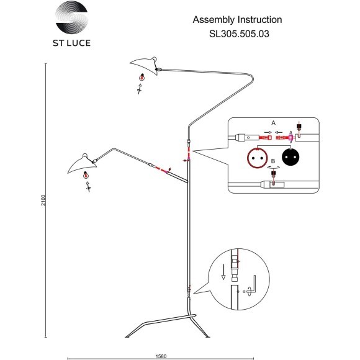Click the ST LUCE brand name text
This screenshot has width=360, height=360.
coord(71,43)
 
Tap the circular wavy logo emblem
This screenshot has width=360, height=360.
coord(72,17)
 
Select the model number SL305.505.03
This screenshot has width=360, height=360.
coord(239,34)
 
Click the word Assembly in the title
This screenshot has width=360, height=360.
coord(213,20)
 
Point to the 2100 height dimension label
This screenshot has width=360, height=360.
coord(43,200)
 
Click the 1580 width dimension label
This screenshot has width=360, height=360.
coord(161,356)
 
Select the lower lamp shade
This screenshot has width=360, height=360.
coord(83,164)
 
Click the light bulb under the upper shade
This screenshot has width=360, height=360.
coord(142,78)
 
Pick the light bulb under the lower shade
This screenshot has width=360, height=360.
coord(86,176)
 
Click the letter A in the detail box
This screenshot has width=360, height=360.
coord(273,123)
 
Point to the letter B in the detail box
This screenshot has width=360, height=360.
coord(273,161)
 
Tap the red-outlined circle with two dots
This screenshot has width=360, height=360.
coord(257,158)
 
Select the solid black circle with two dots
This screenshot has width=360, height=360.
coord(290,157)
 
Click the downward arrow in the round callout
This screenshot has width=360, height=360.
coord(223,272)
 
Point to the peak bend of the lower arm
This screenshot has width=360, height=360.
coord(113,149)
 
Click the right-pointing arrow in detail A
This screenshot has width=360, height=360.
coord(268,132)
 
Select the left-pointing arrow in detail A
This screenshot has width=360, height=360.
coord(279,132)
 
